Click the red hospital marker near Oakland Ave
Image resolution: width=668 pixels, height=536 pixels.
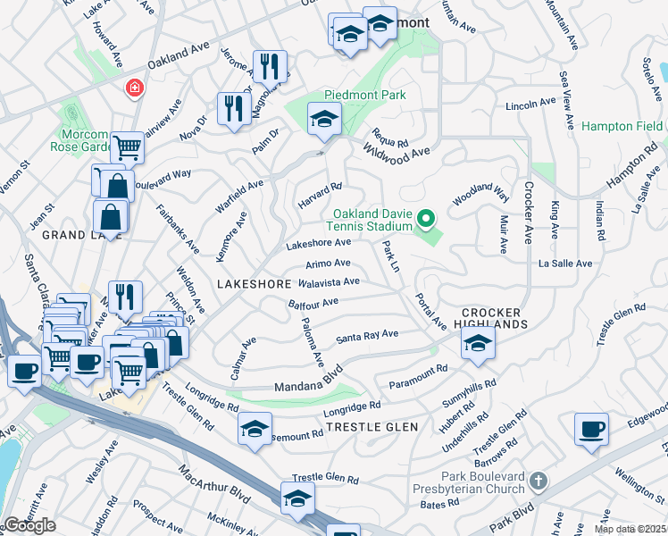point(134,88)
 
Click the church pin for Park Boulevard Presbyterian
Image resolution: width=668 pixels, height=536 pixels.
point(537,482)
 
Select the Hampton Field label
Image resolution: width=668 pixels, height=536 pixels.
point(622,127)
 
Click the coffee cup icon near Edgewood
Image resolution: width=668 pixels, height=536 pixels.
point(591,429)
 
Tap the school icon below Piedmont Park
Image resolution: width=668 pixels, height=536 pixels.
point(324,119)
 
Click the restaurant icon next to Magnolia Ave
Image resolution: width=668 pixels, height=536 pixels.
point(268,66)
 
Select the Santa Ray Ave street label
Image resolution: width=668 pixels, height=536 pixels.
point(367,336)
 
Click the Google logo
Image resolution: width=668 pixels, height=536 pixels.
point(29,525)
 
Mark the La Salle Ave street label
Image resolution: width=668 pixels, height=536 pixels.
point(565,264)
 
